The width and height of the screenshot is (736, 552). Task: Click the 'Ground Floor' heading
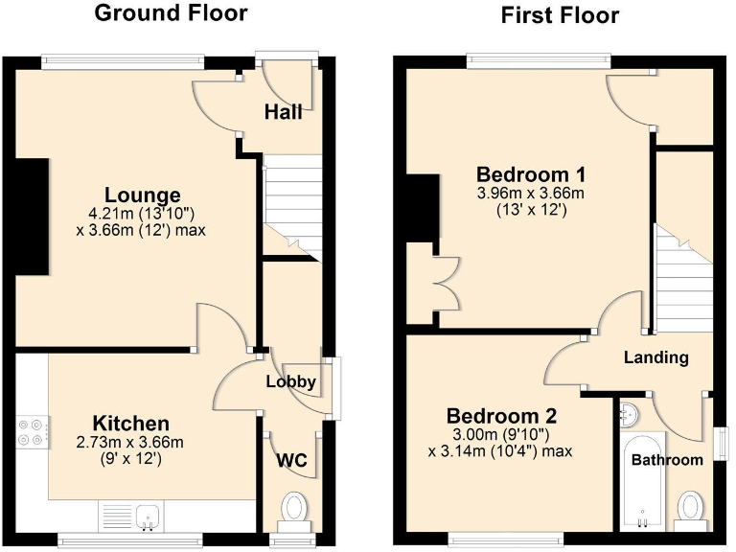(x=171, y=13)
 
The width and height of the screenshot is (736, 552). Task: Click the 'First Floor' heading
(x=560, y=15)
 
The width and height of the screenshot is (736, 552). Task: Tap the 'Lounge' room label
(x=143, y=195)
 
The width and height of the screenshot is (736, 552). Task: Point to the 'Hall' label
(x=283, y=112)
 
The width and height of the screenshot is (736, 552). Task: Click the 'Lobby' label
(x=290, y=381)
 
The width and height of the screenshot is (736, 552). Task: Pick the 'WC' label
(x=291, y=461)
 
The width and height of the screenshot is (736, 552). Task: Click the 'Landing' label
(x=655, y=357)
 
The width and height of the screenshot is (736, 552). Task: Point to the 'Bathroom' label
(x=666, y=460)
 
